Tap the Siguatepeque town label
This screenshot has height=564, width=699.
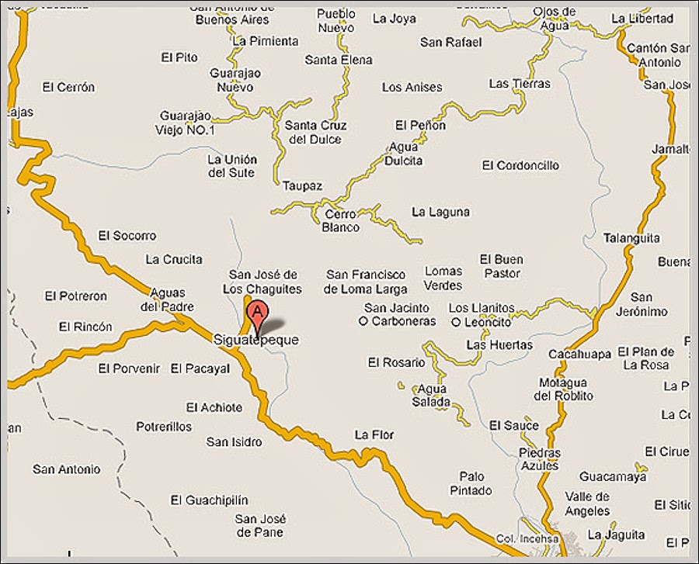coord(256,340)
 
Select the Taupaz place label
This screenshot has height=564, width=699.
coord(302,186)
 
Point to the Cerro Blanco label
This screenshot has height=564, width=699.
coord(340,221)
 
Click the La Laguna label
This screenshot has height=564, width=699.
coord(440,211)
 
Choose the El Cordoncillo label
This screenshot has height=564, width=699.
coord(520,165)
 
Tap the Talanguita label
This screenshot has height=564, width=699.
coord(631,238)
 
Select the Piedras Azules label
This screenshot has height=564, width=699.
coord(540,459)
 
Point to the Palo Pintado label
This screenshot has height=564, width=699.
coord(471,483)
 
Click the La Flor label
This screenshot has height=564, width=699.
coord(374,434)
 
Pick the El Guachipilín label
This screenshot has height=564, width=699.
coord(210,500)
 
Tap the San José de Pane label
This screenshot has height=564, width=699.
coord(262,525)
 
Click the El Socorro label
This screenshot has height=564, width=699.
coord(127,235)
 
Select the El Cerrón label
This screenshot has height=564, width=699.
coord(69,87)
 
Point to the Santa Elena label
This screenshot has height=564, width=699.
coord(338,60)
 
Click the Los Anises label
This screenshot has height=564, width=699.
coord(412,88)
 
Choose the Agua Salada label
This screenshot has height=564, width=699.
coord(433,396)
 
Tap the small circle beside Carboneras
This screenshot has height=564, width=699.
coord(363,321)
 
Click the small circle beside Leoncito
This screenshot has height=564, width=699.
coord(456,322)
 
